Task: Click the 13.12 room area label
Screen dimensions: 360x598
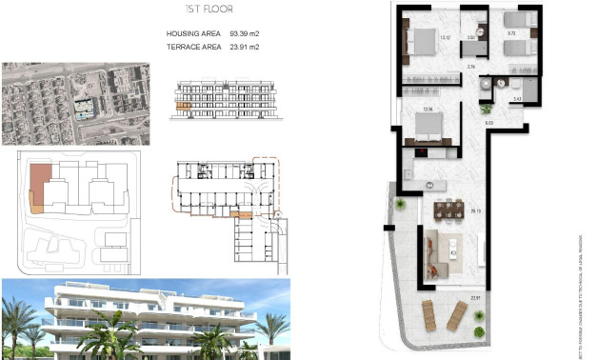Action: pyautogui.click(x=445, y=38)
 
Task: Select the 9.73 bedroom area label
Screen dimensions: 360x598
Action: pyautogui.click(x=510, y=33)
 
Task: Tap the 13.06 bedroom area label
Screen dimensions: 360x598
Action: pyautogui.click(x=428, y=110)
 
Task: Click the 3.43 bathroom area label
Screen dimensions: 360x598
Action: pyautogui.click(x=516, y=98)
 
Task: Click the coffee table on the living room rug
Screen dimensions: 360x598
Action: pyautogui.click(x=450, y=250)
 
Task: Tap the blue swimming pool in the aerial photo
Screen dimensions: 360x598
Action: pyautogui.click(x=82, y=113)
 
